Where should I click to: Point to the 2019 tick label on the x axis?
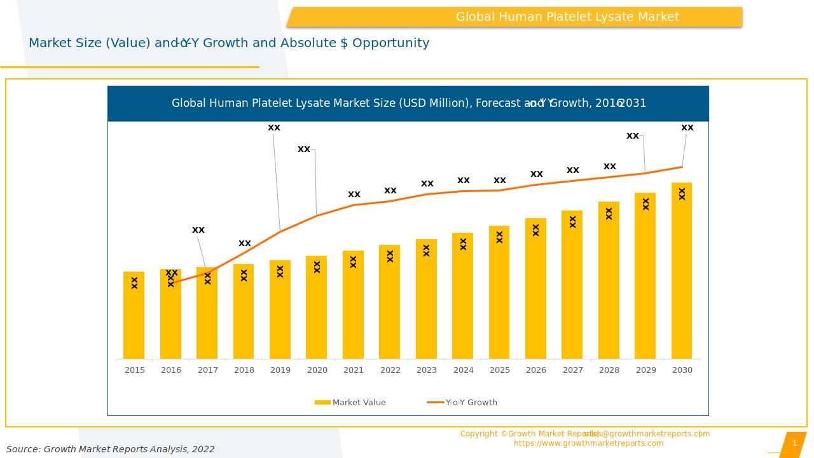tap(280, 370)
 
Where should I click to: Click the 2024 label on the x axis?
tap(464, 370)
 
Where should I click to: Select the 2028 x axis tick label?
tap(609, 370)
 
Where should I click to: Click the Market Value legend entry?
tap(351, 403)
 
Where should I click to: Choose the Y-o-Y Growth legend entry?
tap(463, 403)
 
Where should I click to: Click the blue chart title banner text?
tap(408, 103)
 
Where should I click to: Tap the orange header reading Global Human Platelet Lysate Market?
tap(567, 17)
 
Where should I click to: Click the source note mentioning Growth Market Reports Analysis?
tap(111, 449)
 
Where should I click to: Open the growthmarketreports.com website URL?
tap(588, 443)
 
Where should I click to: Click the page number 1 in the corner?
tap(794, 443)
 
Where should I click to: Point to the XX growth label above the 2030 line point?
tap(687, 128)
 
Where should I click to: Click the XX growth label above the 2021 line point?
tap(354, 195)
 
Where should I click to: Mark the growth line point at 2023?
tap(426, 195)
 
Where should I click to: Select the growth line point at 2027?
tap(572, 181)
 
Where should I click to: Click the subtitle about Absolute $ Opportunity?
tap(229, 43)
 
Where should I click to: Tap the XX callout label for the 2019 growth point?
tap(274, 128)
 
